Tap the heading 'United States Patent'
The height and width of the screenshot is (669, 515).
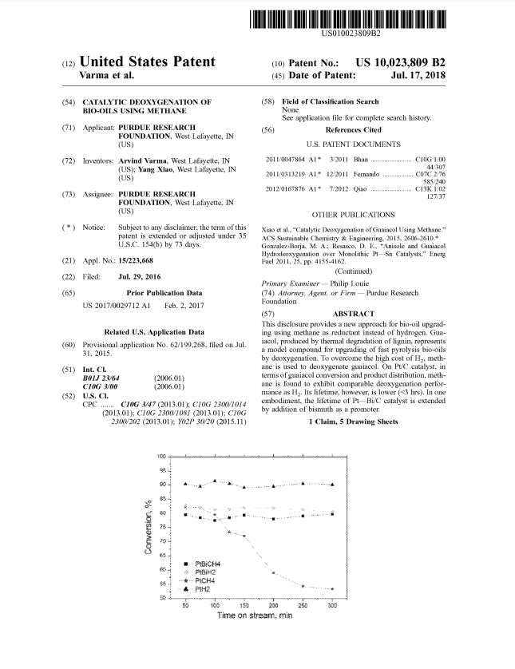(148, 61)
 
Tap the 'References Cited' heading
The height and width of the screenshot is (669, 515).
(354, 129)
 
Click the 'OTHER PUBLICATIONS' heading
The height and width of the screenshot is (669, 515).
(353, 214)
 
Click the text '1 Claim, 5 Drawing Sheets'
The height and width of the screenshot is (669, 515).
(353, 421)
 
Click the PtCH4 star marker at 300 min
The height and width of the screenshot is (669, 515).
(332, 589)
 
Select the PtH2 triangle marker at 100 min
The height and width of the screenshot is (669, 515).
(215, 481)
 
